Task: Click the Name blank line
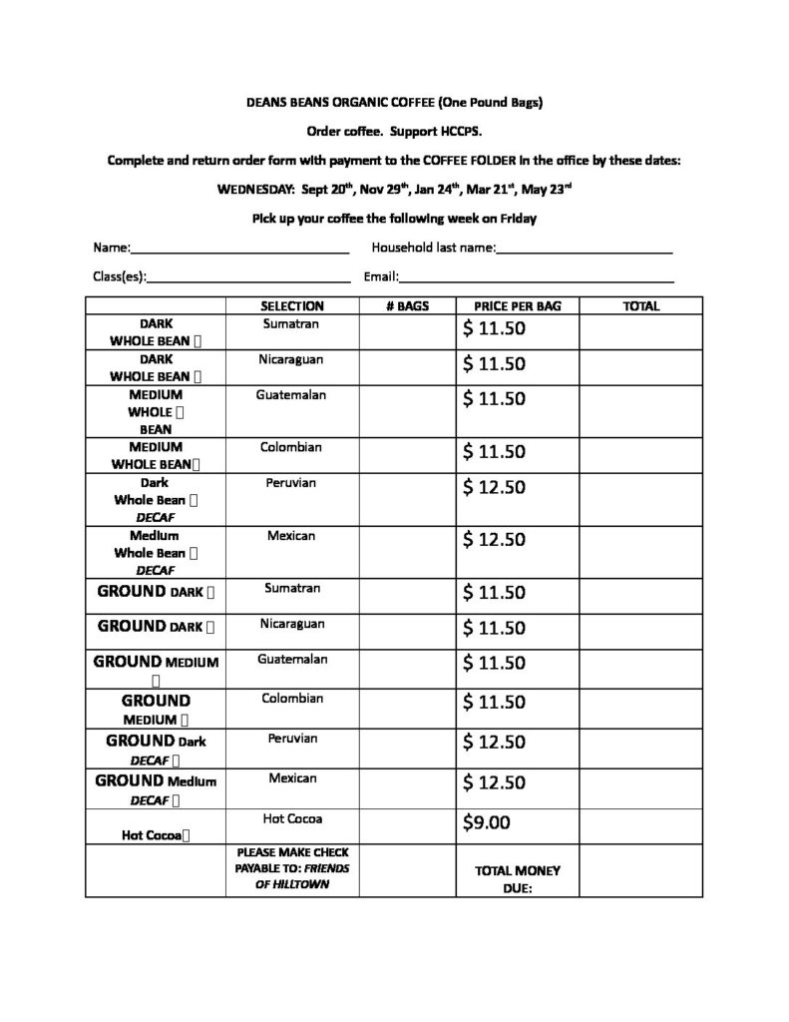point(239,250)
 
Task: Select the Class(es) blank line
point(248,278)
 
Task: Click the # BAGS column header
point(406,306)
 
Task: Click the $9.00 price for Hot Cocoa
point(486,822)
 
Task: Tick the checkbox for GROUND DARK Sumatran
point(212,592)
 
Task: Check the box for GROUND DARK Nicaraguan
point(212,628)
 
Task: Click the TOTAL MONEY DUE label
point(518,878)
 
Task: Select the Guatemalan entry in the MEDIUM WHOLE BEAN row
point(290,395)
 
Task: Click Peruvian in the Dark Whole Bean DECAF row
point(290,483)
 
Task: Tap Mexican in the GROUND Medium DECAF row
point(291,778)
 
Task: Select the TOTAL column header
point(640,306)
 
